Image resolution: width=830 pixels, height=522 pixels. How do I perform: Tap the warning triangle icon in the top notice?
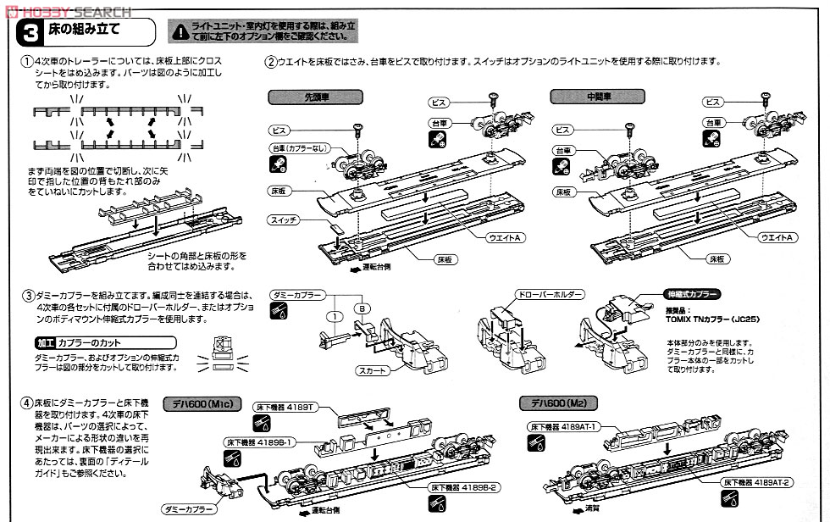[177, 32]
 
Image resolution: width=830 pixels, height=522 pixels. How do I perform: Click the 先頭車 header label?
[302, 97]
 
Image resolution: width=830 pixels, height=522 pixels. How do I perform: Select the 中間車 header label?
[581, 97]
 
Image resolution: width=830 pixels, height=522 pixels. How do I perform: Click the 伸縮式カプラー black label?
[691, 295]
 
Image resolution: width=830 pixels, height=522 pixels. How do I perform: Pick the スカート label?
[374, 370]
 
